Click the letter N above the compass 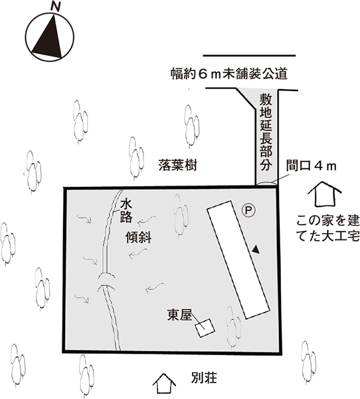pos(55,7)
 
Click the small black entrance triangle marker pos(256,249)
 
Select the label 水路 pos(126,211)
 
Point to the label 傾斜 pos(138,237)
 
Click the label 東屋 pos(179,315)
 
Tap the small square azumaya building pos(205,328)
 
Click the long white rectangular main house pos(238,259)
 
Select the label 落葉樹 pos(178,165)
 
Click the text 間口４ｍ pos(312,166)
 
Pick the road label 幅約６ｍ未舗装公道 pos(228,74)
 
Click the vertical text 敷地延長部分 pos(266,132)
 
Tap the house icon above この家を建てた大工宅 pos(324,194)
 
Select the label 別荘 pos(204,378)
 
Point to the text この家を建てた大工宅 pos(328,228)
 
